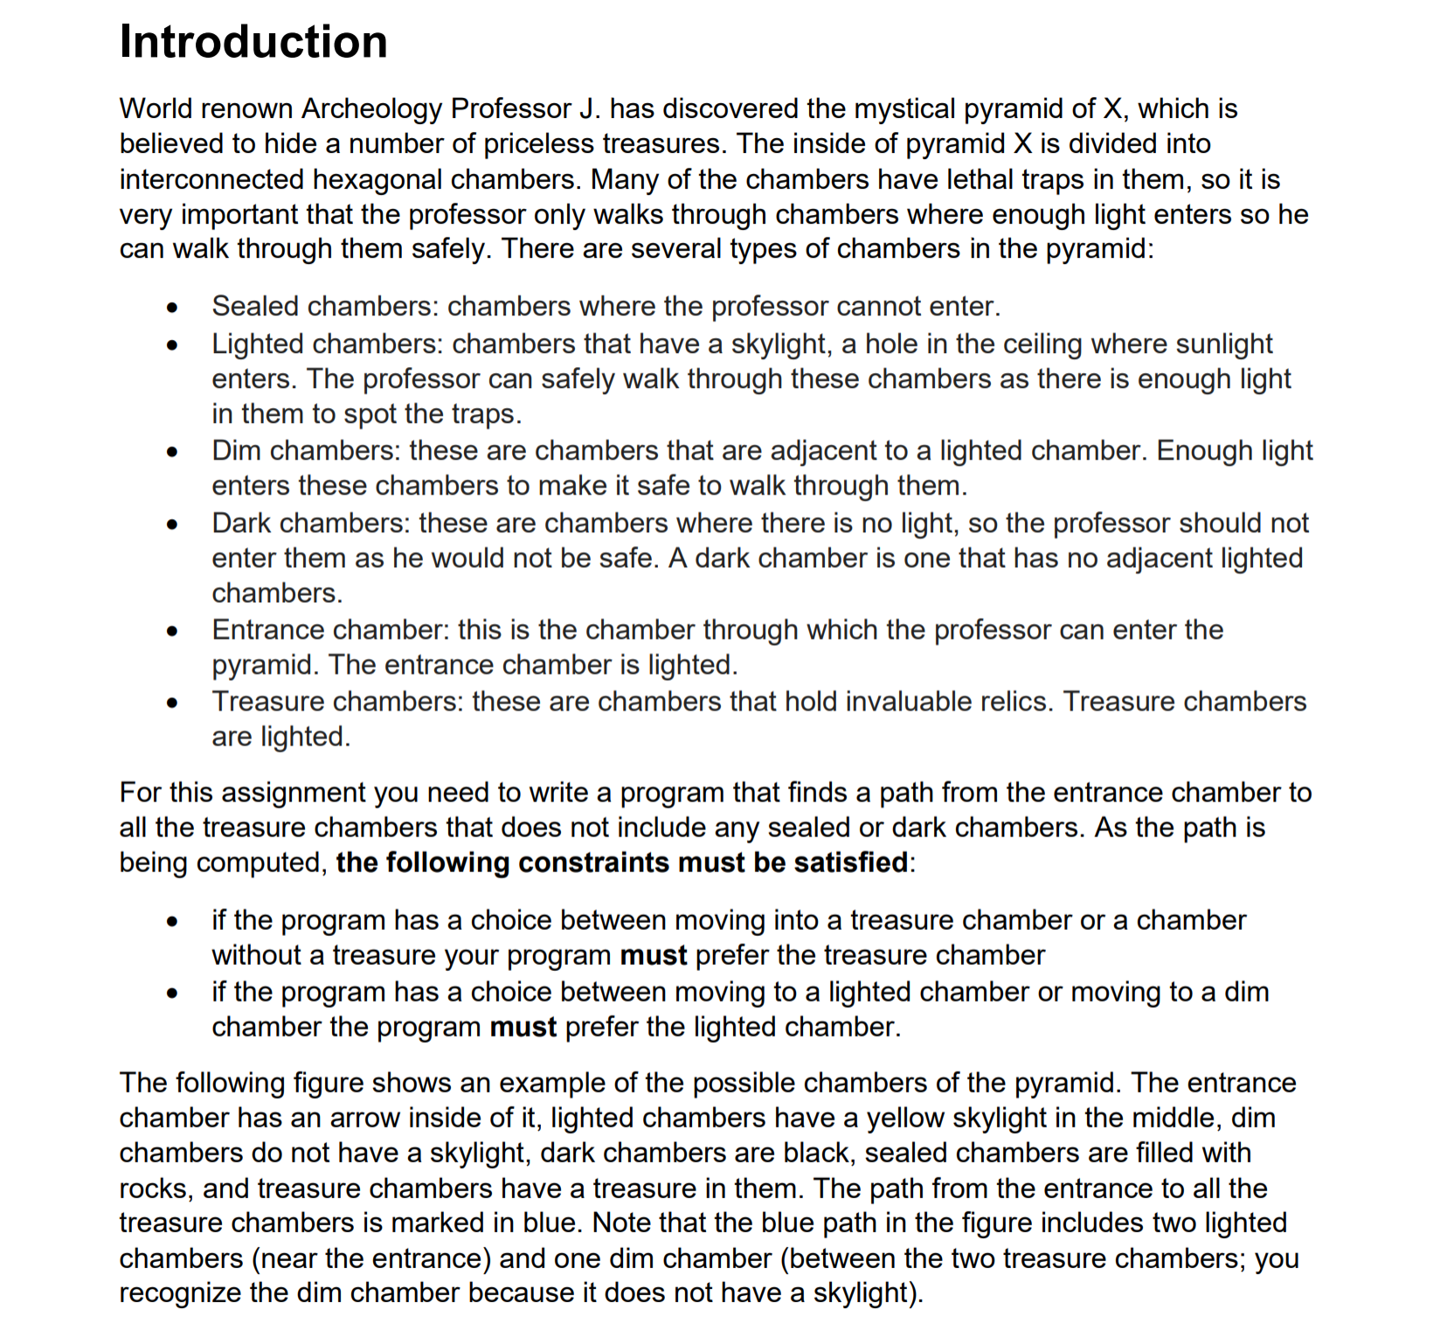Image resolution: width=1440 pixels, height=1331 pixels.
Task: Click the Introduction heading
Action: point(253,42)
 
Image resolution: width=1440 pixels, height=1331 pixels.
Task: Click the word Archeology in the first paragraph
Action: point(372,108)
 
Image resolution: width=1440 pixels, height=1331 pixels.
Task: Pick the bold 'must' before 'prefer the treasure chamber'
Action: point(653,955)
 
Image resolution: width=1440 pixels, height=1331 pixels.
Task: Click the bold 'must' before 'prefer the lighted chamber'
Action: point(523,1027)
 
